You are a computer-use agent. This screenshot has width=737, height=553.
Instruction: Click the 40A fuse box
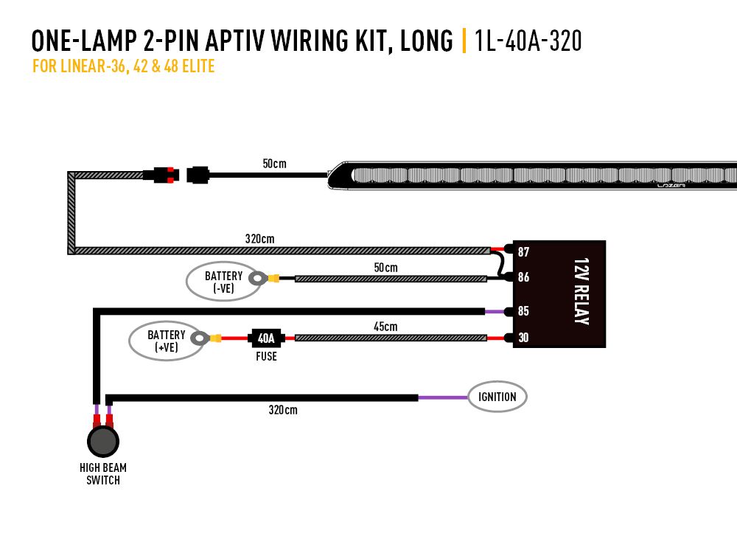click(265, 338)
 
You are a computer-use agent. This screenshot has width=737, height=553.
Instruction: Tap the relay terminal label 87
click(523, 251)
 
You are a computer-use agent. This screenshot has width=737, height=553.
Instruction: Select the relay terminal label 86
click(523, 278)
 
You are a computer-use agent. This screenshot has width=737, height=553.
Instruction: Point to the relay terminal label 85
click(523, 311)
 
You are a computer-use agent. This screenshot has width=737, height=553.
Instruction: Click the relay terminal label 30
click(523, 338)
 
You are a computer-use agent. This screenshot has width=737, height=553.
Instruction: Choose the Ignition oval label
click(497, 397)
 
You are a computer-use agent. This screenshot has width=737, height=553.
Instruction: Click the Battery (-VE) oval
click(223, 282)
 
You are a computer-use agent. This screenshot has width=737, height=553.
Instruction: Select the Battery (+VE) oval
click(167, 341)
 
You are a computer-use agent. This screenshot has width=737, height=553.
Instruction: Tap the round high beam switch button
click(102, 442)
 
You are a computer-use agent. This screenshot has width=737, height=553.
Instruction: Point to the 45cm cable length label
click(385, 326)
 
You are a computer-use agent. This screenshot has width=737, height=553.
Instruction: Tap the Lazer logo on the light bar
click(671, 186)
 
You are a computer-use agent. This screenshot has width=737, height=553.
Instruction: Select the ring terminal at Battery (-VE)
click(258, 279)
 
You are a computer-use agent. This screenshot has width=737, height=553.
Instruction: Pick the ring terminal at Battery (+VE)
click(199, 338)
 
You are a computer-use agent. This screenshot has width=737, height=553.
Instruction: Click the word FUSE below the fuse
click(266, 356)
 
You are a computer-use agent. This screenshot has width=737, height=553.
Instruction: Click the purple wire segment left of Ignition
click(442, 397)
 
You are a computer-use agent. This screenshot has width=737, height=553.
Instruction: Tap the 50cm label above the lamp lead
click(274, 163)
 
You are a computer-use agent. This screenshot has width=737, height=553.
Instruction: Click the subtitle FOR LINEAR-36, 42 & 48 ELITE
click(123, 67)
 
